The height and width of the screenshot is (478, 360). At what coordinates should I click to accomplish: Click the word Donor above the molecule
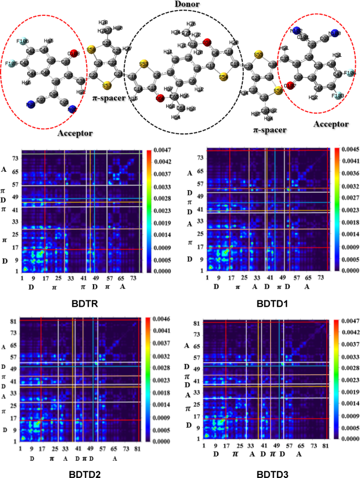tap(180, 7)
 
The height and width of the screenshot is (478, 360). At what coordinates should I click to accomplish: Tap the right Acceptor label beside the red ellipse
tap(330, 124)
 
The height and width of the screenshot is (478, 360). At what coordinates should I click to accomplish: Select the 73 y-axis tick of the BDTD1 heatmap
tap(201, 157)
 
